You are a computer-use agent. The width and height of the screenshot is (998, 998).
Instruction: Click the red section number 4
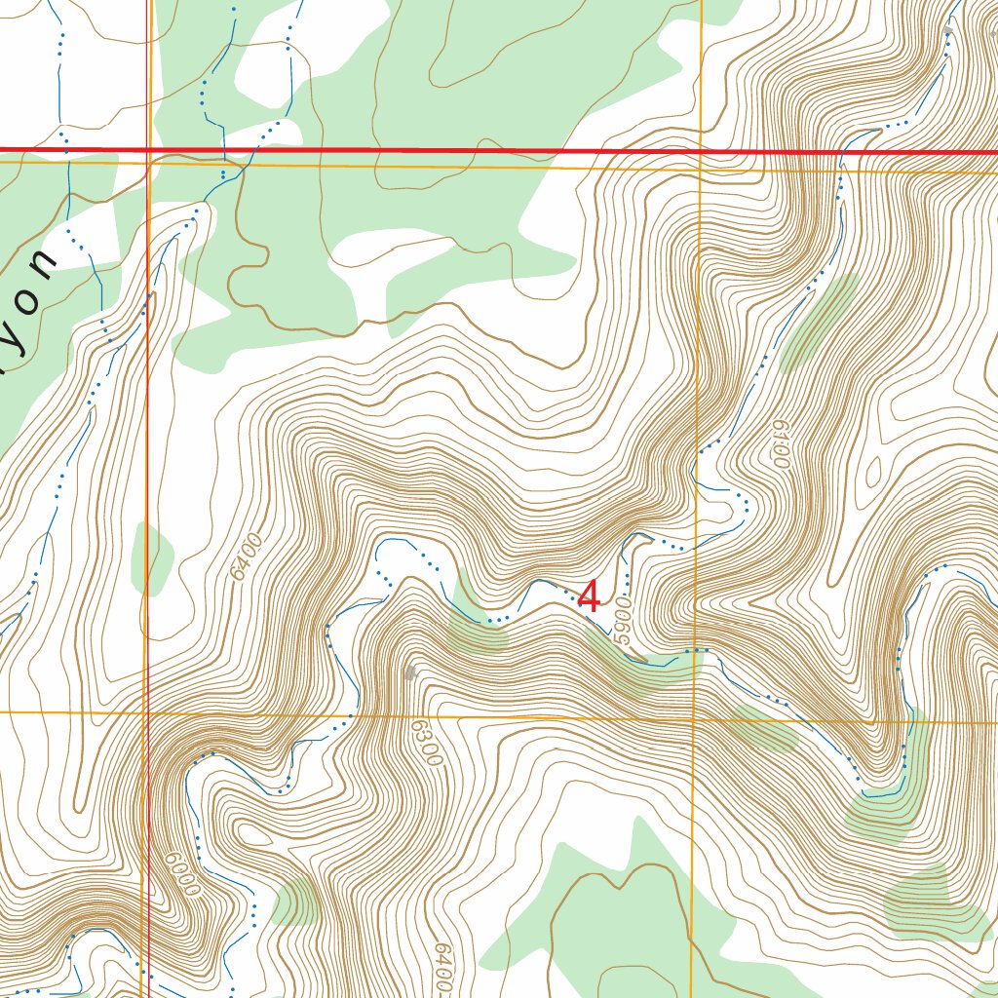pos(589,596)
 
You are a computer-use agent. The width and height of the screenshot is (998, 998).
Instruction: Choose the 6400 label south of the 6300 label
pos(443,965)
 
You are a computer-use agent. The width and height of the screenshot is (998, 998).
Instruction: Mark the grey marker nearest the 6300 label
pos(410,672)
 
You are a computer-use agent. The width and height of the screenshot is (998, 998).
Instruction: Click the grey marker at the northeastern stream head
pos(948,31)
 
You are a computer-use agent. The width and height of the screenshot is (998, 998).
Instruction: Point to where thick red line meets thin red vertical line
pos(147,150)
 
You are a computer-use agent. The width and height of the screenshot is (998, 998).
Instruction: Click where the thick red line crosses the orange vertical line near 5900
pos(701,152)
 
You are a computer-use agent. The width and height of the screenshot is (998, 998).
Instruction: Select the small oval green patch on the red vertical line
pos(151,558)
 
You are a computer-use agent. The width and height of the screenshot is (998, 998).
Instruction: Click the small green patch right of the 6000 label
pos(297,901)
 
